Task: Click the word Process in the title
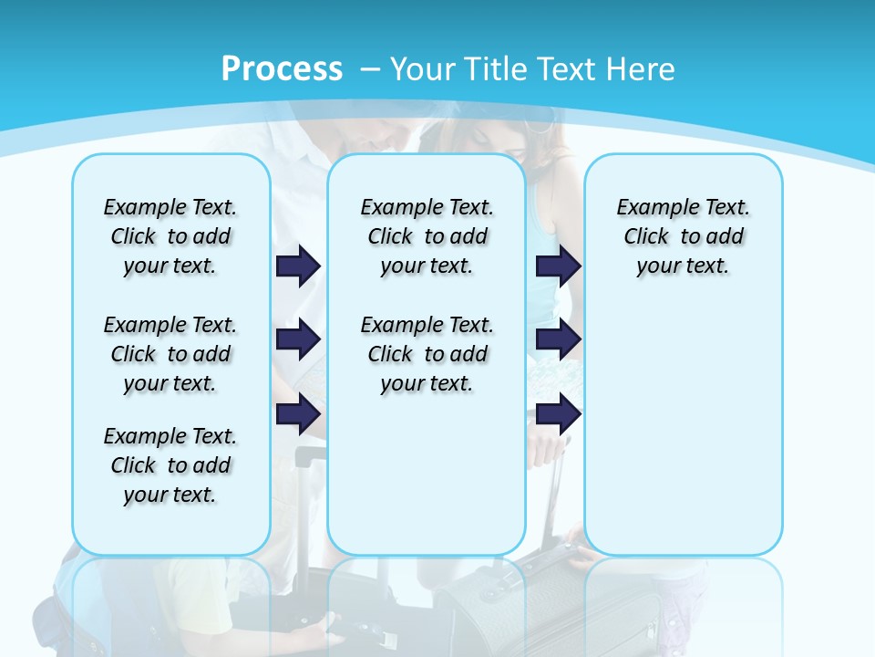click(282, 69)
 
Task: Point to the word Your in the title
click(424, 69)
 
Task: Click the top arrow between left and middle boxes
click(298, 266)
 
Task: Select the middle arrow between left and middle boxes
click(298, 339)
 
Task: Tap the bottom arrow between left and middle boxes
click(298, 413)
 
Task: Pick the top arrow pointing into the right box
click(558, 266)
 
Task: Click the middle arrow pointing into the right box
click(558, 339)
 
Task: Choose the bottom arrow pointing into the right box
click(558, 413)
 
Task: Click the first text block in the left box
click(170, 236)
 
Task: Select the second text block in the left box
click(170, 354)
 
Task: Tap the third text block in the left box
click(170, 465)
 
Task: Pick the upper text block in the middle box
click(427, 236)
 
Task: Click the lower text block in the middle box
click(427, 354)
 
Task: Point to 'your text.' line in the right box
click(683, 266)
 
